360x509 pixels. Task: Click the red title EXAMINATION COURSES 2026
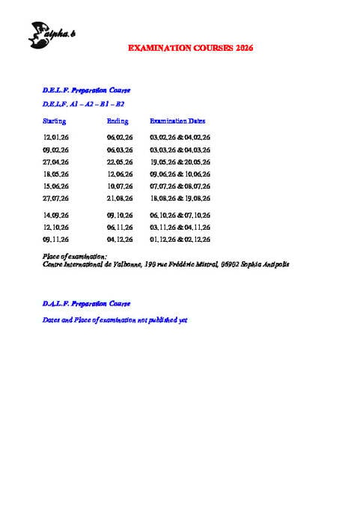(191, 48)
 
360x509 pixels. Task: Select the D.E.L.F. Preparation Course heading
(86, 91)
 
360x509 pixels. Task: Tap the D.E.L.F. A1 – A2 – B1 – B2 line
(79, 105)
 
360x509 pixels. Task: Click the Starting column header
(55, 121)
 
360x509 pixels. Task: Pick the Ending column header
(118, 121)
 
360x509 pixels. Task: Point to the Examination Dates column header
(177, 121)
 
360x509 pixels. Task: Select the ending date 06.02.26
(120, 138)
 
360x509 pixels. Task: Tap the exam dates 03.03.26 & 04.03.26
(180, 150)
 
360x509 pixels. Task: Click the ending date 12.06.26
(120, 174)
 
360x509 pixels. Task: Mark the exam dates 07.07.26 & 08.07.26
(180, 186)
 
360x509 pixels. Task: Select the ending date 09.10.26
(120, 215)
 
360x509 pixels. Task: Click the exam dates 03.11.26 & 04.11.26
(180, 227)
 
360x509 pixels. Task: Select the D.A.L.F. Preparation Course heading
(86, 303)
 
